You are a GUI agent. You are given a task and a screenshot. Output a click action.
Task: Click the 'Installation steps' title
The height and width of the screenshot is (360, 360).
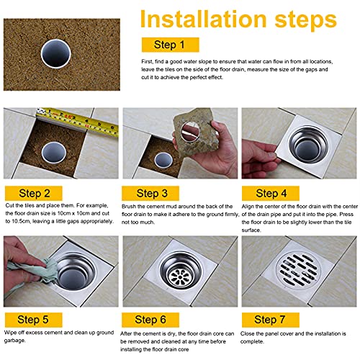(238, 19)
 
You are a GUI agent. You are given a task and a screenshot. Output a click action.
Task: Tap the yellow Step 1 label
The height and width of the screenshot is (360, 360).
(171, 45)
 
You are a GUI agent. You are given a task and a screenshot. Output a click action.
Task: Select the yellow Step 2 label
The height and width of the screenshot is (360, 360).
(34, 193)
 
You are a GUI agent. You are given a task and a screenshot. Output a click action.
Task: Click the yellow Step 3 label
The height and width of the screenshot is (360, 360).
(150, 193)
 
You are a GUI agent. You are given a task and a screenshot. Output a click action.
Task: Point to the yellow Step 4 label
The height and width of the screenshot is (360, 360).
(271, 193)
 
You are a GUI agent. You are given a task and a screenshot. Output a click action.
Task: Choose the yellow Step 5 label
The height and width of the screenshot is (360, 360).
(34, 320)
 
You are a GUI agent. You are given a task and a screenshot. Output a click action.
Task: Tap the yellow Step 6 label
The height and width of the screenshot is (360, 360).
(150, 320)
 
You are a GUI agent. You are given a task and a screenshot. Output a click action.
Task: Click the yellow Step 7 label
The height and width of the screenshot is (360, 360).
(271, 320)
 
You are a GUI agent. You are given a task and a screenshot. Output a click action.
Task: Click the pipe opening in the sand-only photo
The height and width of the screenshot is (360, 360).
(56, 53)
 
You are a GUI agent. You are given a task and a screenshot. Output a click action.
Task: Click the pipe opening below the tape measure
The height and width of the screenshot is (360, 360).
(54, 153)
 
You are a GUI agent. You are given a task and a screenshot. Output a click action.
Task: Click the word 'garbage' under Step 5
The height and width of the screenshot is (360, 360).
(14, 341)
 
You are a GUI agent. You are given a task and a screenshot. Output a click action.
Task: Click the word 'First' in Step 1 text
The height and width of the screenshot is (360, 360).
(147, 62)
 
